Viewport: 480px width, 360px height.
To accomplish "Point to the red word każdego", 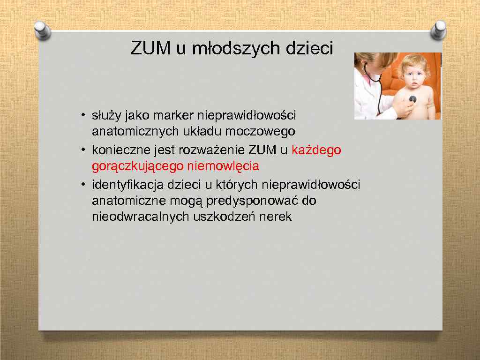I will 316,150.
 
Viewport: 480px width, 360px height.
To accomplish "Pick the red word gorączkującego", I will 138,166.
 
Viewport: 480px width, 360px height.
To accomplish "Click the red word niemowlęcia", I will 223,166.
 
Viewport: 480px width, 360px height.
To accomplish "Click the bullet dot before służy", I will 82,115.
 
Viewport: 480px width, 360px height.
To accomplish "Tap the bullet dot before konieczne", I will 82,150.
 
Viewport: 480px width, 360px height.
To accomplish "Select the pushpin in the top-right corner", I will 438,31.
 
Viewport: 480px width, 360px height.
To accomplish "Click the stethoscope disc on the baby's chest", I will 412,99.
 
